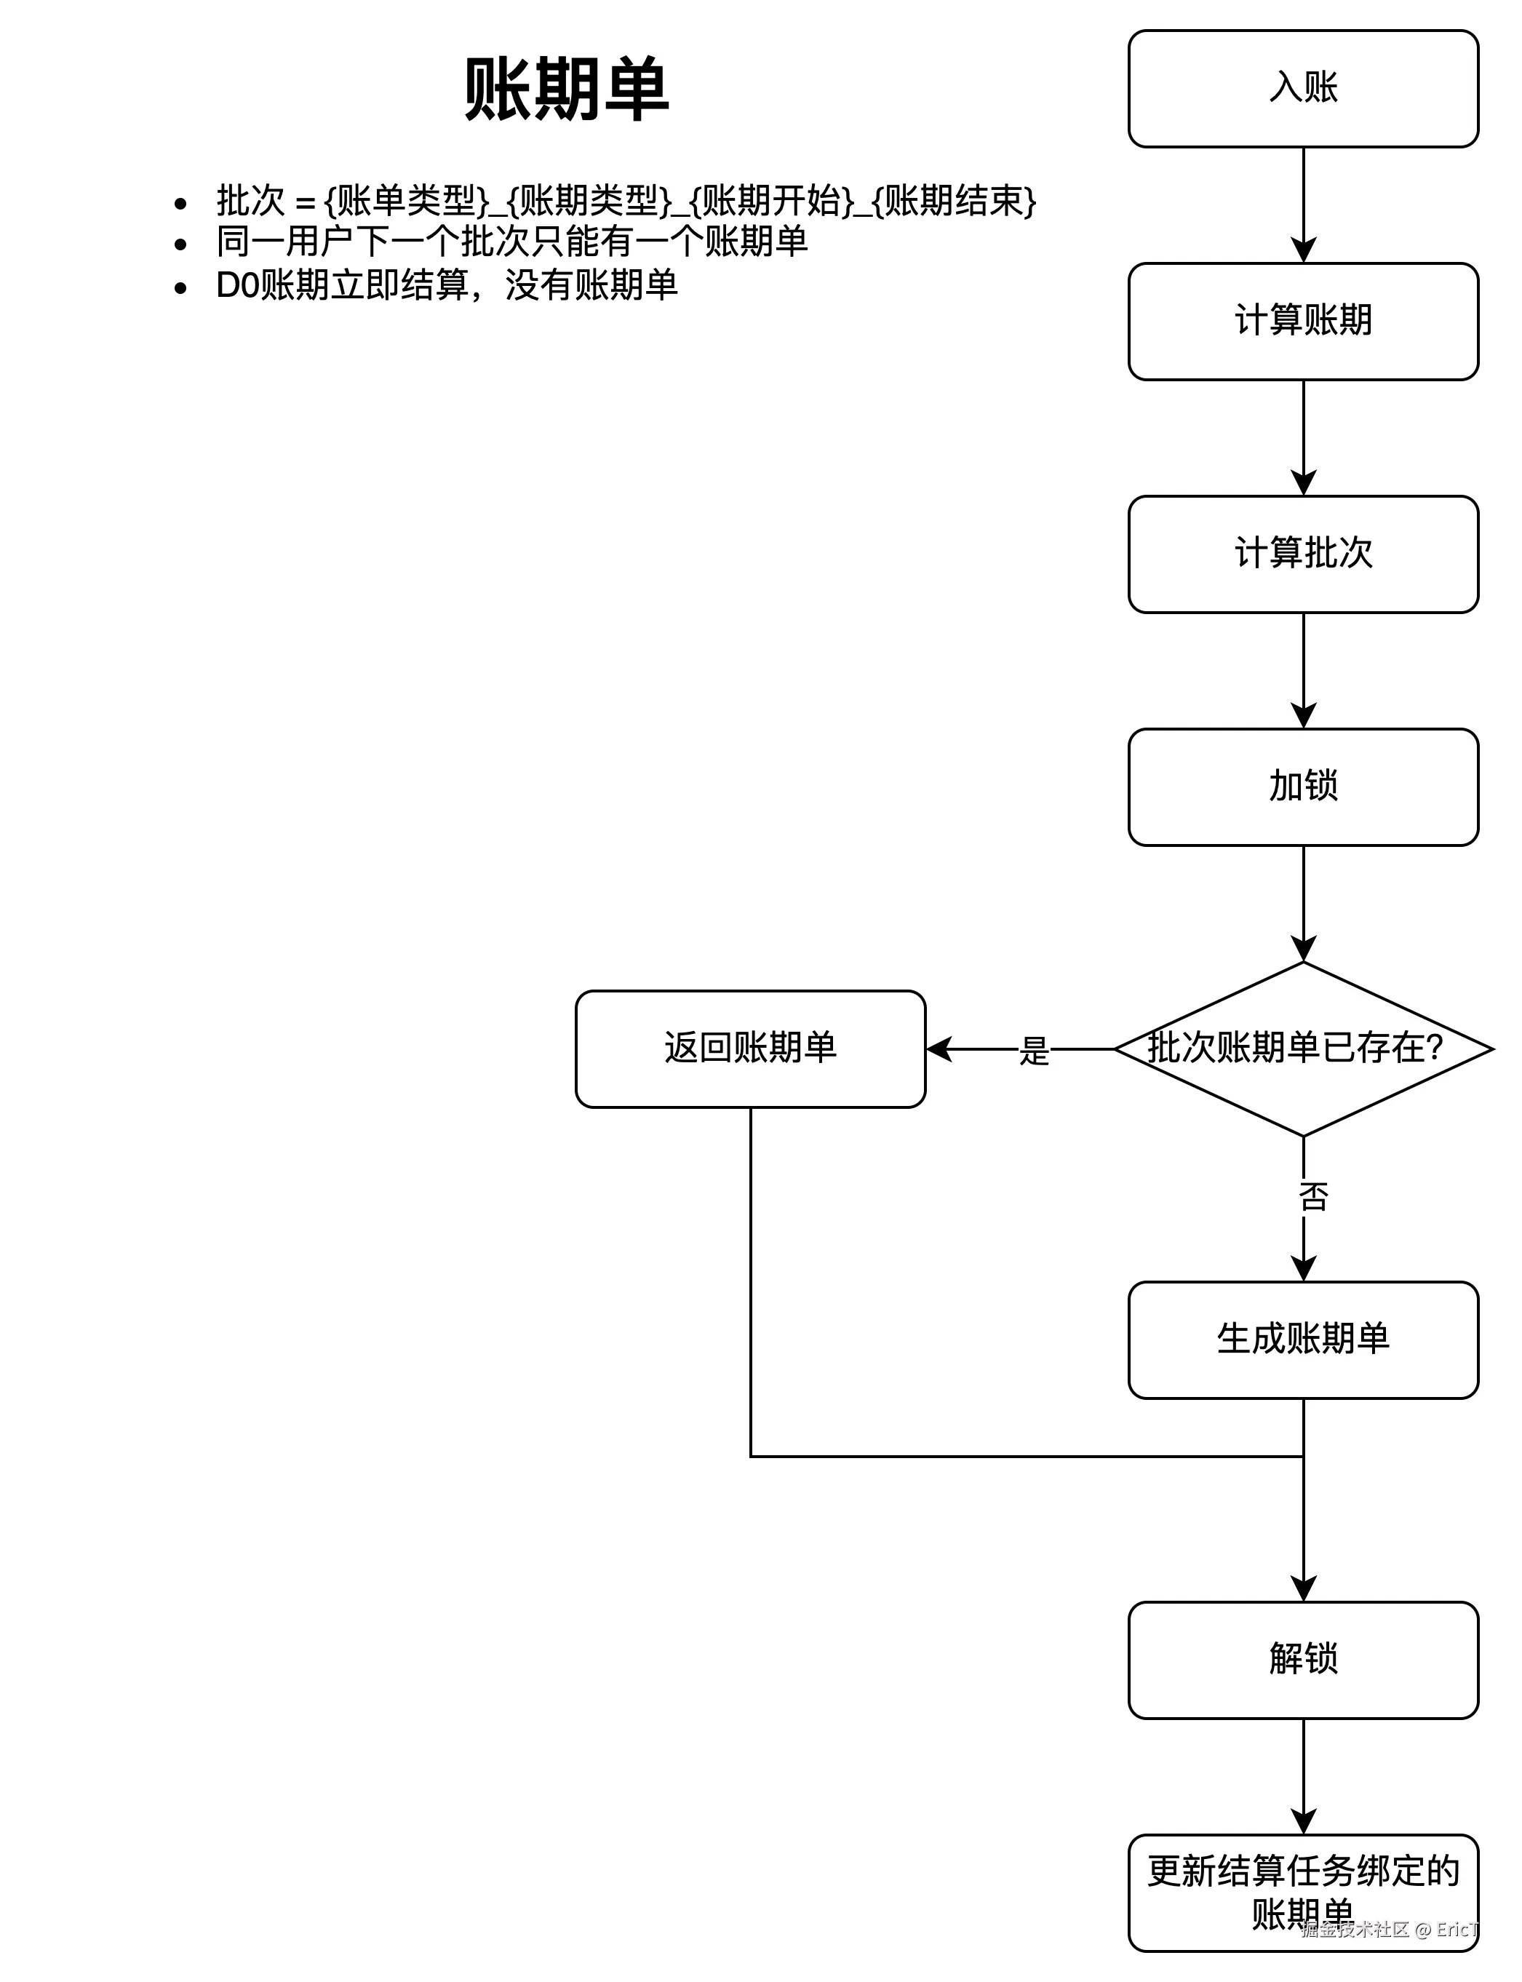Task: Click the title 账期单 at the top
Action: [x=566, y=89]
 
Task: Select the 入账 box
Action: [x=1303, y=89]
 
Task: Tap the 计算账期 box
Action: [x=1303, y=322]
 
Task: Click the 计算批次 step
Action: [x=1303, y=554]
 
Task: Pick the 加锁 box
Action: [x=1303, y=787]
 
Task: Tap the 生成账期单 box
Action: [x=1303, y=1339]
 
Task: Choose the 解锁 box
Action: [x=1303, y=1660]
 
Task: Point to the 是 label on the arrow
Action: [x=1034, y=1051]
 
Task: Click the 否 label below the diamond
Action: [x=1312, y=1197]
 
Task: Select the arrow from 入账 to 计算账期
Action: [x=1303, y=204]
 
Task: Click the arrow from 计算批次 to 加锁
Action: [x=1303, y=670]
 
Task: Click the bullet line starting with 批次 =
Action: [x=625, y=201]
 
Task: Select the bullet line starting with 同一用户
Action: [x=512, y=242]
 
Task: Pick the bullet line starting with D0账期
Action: [x=447, y=285]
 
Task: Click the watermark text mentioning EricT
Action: [x=1390, y=1929]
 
